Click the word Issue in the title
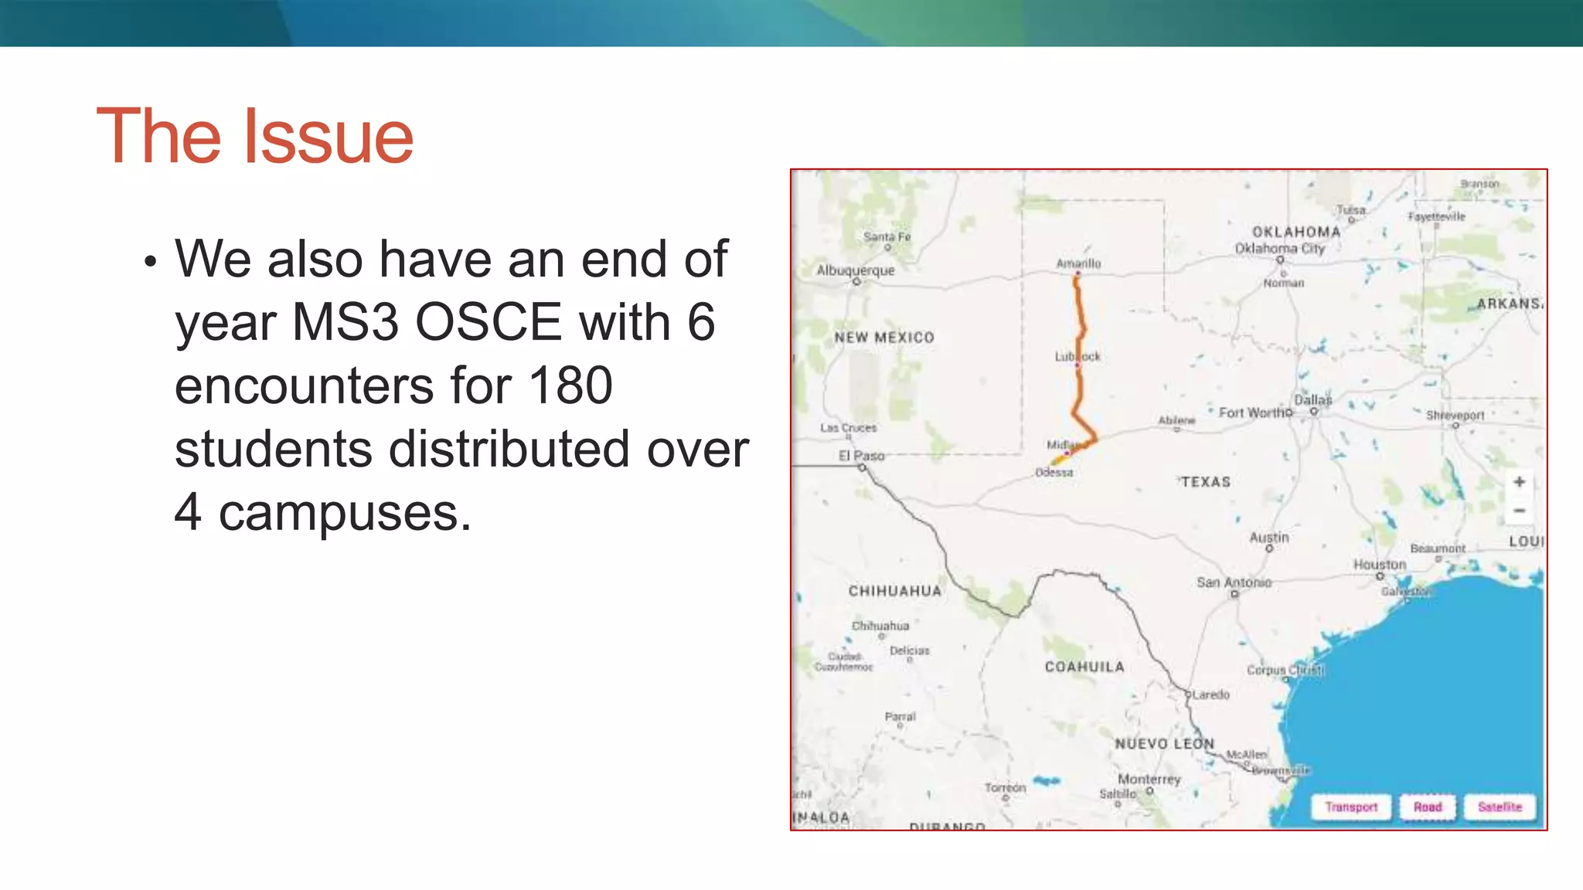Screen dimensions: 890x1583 [329, 137]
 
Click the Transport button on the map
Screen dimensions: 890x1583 [1351, 807]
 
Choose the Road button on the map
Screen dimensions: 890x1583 [1428, 807]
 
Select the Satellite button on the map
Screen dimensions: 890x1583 [1500, 807]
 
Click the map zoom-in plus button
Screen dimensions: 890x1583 [1519, 482]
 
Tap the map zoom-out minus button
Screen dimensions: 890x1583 [1519, 511]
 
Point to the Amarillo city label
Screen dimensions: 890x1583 [1078, 263]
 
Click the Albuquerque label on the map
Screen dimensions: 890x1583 [856, 270]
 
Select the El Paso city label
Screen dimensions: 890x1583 [861, 456]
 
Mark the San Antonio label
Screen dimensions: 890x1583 [1234, 583]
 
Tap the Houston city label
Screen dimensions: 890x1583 [1380, 565]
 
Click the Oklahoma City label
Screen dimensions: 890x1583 [1280, 248]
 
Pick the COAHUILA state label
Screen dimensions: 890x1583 [1084, 667]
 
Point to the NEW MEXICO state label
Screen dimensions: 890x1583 [884, 338]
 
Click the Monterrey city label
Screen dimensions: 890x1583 [1149, 779]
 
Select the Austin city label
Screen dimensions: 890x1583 [1269, 537]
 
